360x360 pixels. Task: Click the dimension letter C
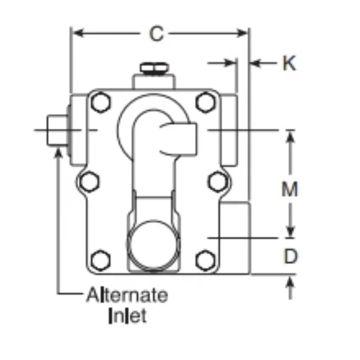[157, 33]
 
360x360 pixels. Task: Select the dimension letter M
[290, 189]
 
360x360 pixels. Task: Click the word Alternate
[127, 295]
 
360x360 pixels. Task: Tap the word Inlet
[127, 316]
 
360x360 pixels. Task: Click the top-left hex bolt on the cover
[100, 102]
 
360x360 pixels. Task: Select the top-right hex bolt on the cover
[206, 102]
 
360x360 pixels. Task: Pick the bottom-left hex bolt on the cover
[100, 261]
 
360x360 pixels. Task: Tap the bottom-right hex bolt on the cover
[206, 261]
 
